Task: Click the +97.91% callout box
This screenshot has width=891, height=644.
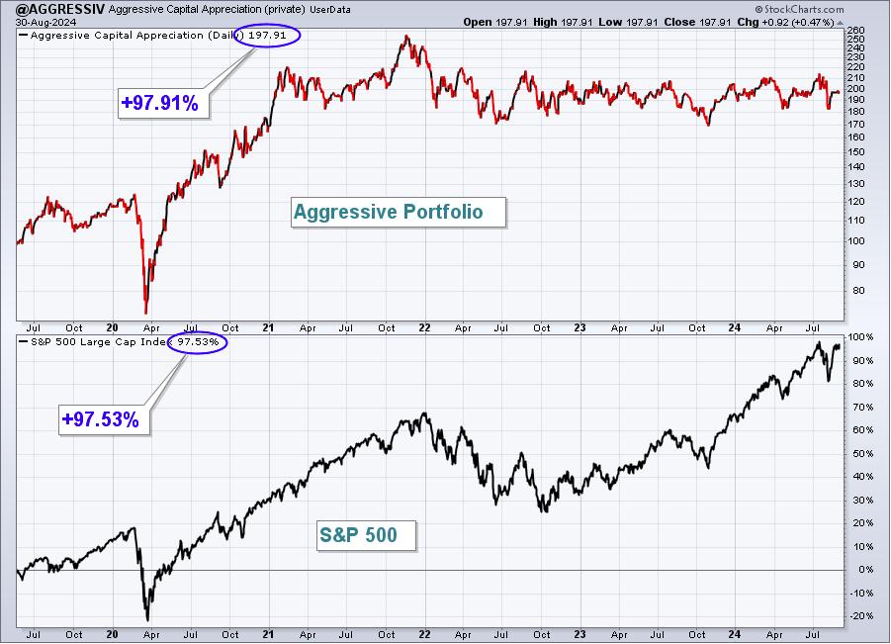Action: pyautogui.click(x=163, y=103)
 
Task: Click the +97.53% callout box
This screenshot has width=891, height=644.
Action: pyautogui.click(x=104, y=419)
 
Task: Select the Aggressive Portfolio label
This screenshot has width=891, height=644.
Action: pyautogui.click(x=398, y=212)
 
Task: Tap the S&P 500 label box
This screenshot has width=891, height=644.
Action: pyautogui.click(x=367, y=535)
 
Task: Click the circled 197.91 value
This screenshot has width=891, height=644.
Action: pyautogui.click(x=267, y=36)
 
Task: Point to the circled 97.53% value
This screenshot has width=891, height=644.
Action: pyautogui.click(x=197, y=342)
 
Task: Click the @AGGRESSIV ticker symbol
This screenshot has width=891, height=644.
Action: pyautogui.click(x=60, y=9)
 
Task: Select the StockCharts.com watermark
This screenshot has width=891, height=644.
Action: pyautogui.click(x=799, y=9)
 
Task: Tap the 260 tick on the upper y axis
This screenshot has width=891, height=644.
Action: pyautogui.click(x=855, y=30)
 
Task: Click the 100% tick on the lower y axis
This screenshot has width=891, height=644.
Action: pyautogui.click(x=860, y=337)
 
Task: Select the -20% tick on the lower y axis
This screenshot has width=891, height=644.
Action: pyautogui.click(x=860, y=616)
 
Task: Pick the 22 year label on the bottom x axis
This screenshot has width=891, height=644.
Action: pyautogui.click(x=424, y=634)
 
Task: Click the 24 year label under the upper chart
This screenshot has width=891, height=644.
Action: pyautogui.click(x=735, y=328)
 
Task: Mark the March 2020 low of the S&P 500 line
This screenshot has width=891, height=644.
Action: pyautogui.click(x=147, y=619)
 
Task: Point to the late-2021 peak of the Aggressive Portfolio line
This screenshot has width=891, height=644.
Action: pyautogui.click(x=405, y=37)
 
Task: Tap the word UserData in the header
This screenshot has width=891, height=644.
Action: pyautogui.click(x=330, y=10)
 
